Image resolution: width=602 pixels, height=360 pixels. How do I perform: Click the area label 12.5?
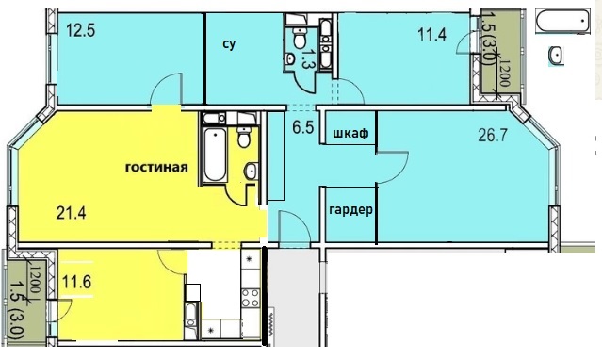click(x=81, y=30)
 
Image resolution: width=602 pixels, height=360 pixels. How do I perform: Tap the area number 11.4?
click(x=431, y=35)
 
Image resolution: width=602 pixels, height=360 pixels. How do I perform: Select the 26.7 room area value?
click(x=493, y=136)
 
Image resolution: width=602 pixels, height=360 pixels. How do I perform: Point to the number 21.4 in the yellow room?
click(x=71, y=212)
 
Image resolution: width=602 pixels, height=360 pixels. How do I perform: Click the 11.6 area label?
click(x=77, y=283)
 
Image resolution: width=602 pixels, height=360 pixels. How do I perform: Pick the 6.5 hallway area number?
click(x=303, y=127)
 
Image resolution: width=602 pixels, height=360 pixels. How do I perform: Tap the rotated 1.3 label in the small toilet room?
click(x=308, y=58)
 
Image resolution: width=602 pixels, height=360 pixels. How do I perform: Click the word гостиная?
click(x=156, y=168)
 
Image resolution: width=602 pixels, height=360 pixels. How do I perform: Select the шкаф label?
click(x=350, y=133)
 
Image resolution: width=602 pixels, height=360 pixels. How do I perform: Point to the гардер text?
click(x=350, y=210)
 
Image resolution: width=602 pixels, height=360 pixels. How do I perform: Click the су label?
click(x=229, y=44)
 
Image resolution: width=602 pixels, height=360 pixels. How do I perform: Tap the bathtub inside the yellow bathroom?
click(x=214, y=155)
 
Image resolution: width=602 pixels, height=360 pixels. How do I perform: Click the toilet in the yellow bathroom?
click(x=244, y=137)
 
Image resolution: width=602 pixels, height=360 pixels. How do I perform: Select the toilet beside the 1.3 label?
click(x=299, y=37)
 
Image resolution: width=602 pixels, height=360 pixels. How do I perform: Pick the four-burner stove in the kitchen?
click(x=251, y=298)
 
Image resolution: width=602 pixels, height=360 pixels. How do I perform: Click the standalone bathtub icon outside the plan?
click(x=562, y=21)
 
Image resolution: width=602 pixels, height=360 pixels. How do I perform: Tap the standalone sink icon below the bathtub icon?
click(x=556, y=55)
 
